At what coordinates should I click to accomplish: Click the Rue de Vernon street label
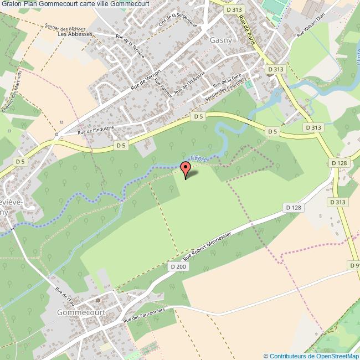[x=146, y=79]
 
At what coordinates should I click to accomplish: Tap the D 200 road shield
[x=178, y=266]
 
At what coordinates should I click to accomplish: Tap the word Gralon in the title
[x=12, y=4]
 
